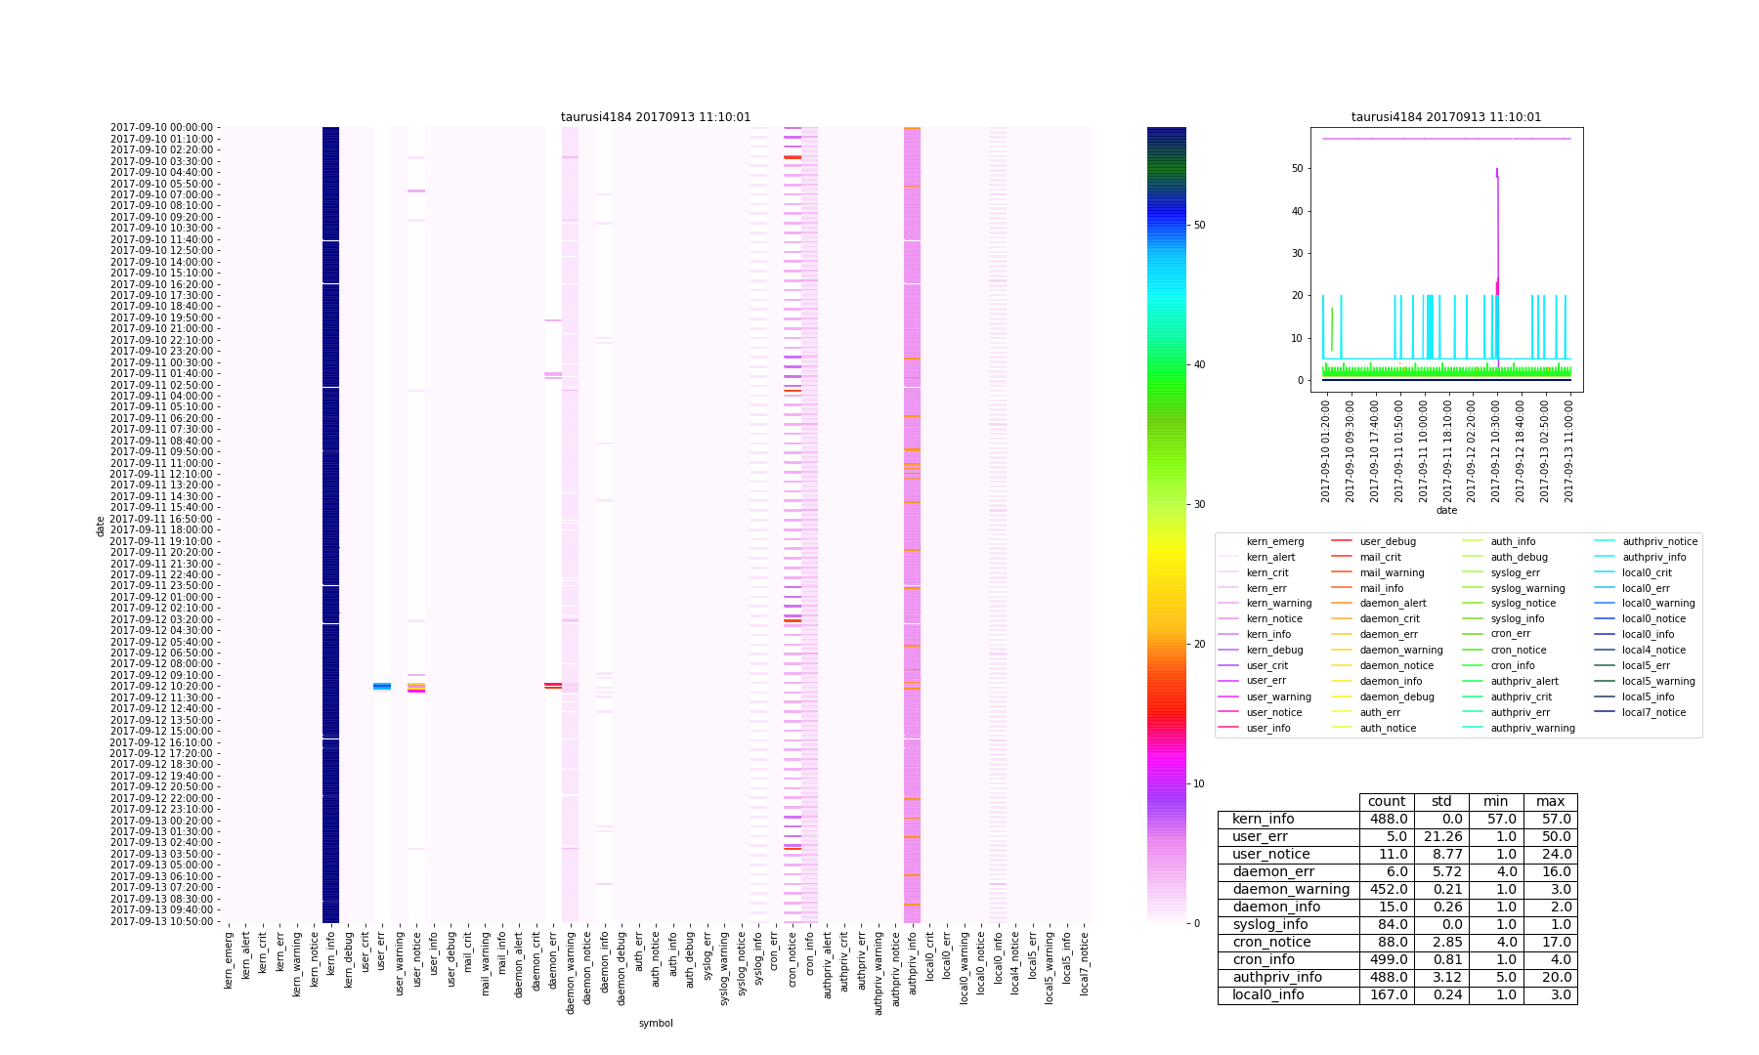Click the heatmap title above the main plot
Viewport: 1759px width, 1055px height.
(x=656, y=117)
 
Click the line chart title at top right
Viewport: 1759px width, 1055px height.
(x=1446, y=117)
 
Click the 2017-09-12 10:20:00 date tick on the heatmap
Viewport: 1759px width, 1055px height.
(x=164, y=686)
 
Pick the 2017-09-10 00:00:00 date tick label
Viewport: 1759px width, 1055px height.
(x=164, y=127)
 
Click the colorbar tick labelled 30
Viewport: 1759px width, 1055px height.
(x=1199, y=504)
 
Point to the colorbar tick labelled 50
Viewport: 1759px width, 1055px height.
(x=1199, y=225)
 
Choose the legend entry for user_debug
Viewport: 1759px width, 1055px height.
(x=1388, y=541)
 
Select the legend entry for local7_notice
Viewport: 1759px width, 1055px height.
(x=1654, y=712)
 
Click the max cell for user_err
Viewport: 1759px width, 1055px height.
(x=1550, y=837)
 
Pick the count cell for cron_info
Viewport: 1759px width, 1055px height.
(x=1387, y=960)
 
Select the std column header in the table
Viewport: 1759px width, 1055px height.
(x=1441, y=802)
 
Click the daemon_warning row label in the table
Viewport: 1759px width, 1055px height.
(x=1290, y=890)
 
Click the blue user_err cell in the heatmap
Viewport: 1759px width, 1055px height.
(x=382, y=686)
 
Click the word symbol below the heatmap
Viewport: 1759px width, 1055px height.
(x=656, y=1023)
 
